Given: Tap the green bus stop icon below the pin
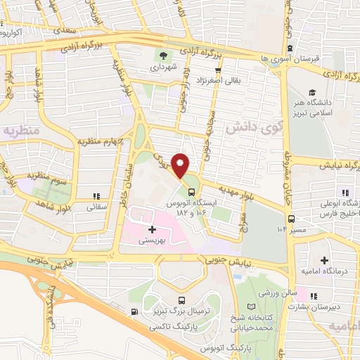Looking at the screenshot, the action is pos(191,192).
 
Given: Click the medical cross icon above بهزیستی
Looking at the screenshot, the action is pos(152,229).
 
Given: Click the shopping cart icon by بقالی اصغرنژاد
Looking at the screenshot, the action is pos(218,70).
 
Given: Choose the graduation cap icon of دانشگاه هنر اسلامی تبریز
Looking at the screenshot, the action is pos(312,92).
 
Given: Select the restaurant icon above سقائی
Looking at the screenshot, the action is pos(96,196).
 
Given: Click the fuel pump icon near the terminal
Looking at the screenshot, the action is pos(134,311).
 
